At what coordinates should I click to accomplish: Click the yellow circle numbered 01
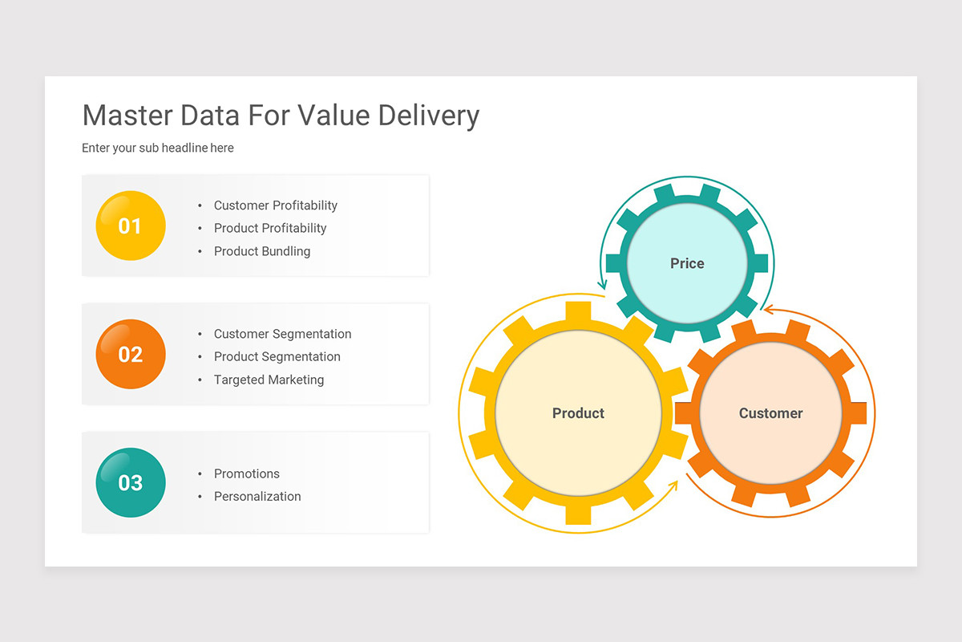coord(131,226)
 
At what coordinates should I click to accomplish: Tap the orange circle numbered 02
coord(131,354)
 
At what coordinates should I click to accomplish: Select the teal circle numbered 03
coord(131,482)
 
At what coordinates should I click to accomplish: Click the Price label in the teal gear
coord(687,263)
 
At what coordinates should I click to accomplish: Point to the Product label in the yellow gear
coord(578,413)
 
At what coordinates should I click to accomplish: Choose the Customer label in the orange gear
coord(770,413)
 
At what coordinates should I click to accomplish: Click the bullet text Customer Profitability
coord(275,205)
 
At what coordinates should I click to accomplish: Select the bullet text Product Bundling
coord(261,251)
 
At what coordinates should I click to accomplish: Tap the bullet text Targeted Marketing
coord(269,380)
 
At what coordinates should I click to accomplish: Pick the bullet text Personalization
coord(257,497)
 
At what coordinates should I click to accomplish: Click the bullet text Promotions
coord(246,473)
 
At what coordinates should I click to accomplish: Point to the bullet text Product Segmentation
coord(277,356)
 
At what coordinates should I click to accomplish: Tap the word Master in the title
coord(127,116)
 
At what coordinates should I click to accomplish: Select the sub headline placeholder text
coord(158,148)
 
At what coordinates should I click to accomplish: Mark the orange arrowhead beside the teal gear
coord(767,309)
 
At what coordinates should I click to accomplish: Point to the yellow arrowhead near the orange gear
coord(673,485)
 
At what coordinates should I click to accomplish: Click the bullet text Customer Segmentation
coord(282,334)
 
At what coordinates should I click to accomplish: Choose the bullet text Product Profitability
coord(270,228)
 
